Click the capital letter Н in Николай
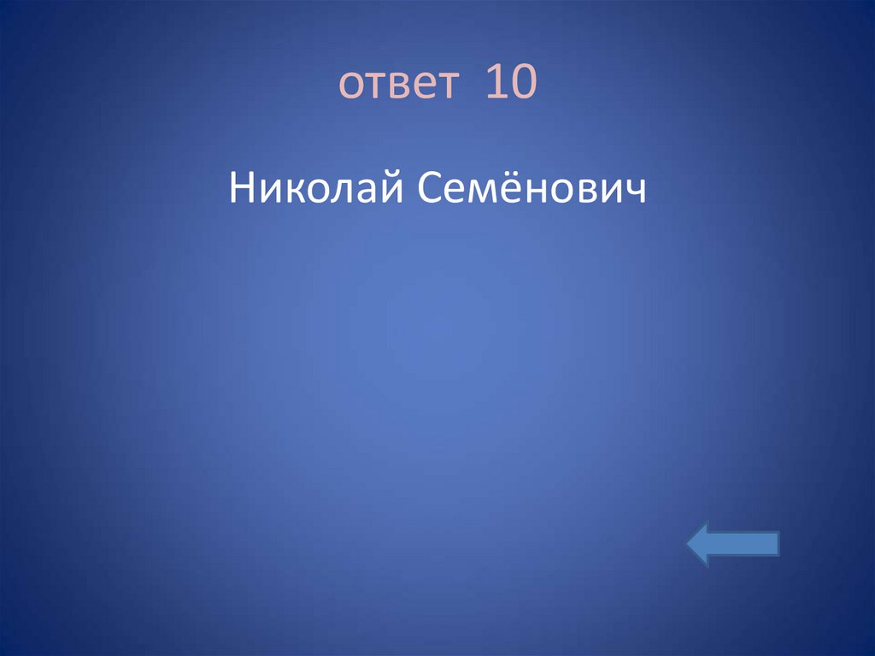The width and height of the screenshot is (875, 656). coord(240,186)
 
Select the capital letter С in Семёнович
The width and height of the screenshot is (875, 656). coord(430,186)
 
